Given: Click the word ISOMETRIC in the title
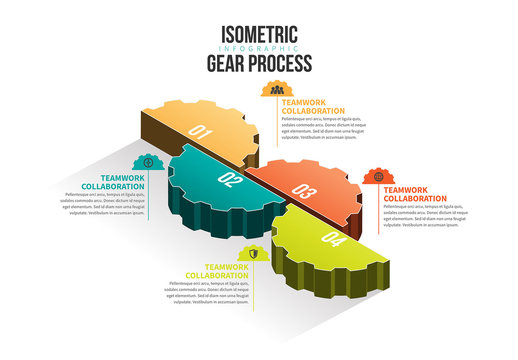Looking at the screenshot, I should [260, 31].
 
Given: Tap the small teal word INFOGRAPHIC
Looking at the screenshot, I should [260, 47].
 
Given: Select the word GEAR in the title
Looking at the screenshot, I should [228, 62].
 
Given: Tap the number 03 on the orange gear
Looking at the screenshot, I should [304, 192].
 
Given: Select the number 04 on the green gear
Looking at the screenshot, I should [332, 240].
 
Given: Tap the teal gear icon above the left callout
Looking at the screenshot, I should [148, 161].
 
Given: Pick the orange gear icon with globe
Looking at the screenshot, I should [378, 177].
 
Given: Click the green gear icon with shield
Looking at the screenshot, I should [254, 254].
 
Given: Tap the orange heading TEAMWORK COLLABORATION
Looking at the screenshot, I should [415, 194].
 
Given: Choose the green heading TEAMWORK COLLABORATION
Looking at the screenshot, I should [217, 271].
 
